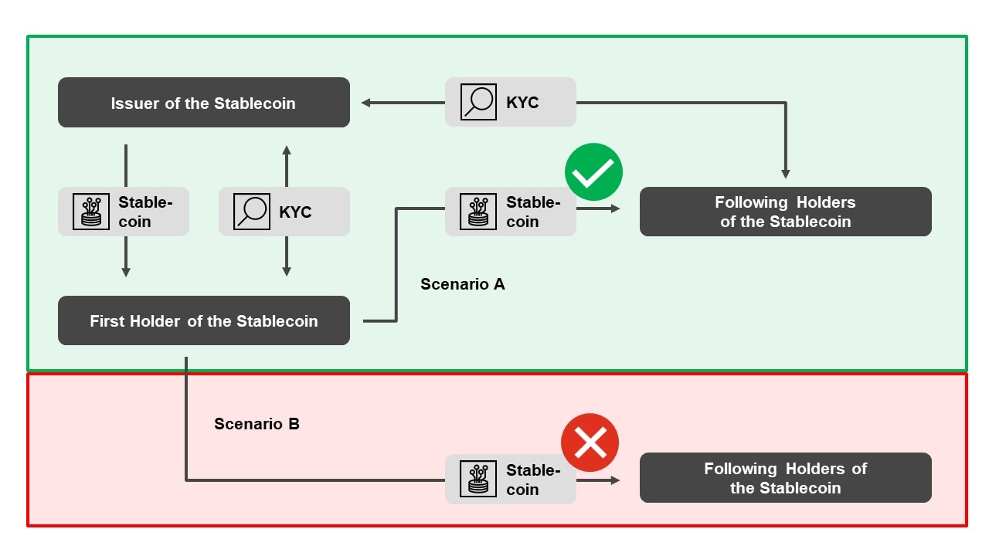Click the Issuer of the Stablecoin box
pos(203,103)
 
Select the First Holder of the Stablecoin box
pos(203,320)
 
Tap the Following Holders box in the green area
pos(785,212)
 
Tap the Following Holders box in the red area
pos(785,478)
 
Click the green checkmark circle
pos(593,172)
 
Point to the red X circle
pos(590,442)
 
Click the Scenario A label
pos(462,284)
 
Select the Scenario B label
pos(257,424)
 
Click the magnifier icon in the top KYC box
pos(478,102)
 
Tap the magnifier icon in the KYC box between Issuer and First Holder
pos(252,212)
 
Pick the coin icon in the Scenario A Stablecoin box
pos(478,212)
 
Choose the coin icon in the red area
pos(478,479)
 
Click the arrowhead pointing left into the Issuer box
pos(365,102)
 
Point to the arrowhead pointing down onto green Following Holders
pos(785,174)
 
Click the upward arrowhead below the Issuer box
pos(287,150)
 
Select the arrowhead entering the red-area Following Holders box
pos(616,480)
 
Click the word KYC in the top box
pos(522,102)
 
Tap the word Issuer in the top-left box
pos(135,103)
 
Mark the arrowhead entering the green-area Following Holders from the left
pos(616,208)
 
